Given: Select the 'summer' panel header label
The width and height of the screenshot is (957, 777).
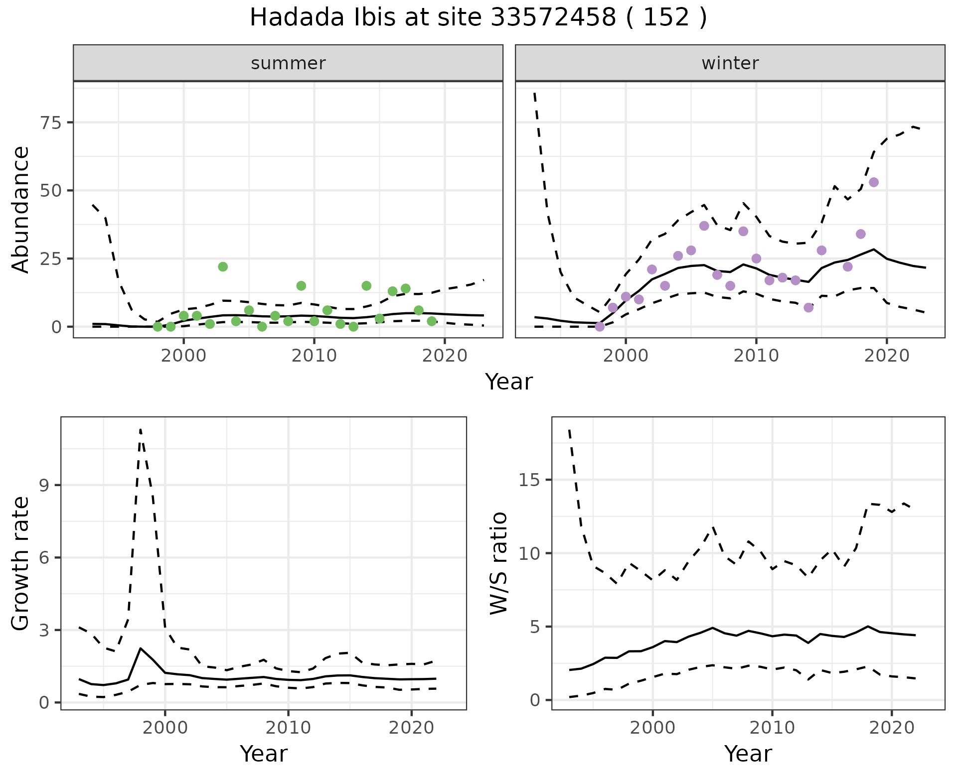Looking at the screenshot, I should click(x=288, y=63).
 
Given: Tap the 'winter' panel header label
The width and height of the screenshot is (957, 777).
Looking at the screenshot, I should click(x=730, y=63).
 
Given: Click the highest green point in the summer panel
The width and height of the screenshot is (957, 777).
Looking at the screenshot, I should click(x=223, y=266).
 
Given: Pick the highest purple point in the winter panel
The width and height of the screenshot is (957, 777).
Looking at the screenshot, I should click(x=874, y=182).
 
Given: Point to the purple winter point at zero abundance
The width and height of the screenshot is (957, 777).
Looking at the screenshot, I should click(x=600, y=327).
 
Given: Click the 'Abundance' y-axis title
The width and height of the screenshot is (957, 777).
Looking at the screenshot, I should click(x=21, y=209).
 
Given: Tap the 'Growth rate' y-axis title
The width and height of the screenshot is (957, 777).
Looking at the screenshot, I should click(x=21, y=564).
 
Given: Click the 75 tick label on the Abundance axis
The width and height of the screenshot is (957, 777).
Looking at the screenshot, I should click(x=50, y=123).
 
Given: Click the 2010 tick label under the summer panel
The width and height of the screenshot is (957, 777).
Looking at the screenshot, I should click(x=314, y=356).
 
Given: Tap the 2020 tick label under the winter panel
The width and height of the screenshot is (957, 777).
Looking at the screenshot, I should click(x=887, y=356).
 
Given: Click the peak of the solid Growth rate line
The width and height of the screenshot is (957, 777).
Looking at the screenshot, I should click(x=141, y=648).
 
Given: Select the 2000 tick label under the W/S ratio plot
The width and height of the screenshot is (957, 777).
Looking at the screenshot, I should click(x=652, y=728).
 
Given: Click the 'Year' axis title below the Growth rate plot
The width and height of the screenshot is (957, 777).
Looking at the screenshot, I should click(x=263, y=754).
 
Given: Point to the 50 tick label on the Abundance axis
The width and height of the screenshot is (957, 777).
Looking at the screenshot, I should click(x=50, y=191).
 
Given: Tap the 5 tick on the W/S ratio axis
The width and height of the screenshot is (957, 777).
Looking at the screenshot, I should click(x=535, y=627).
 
